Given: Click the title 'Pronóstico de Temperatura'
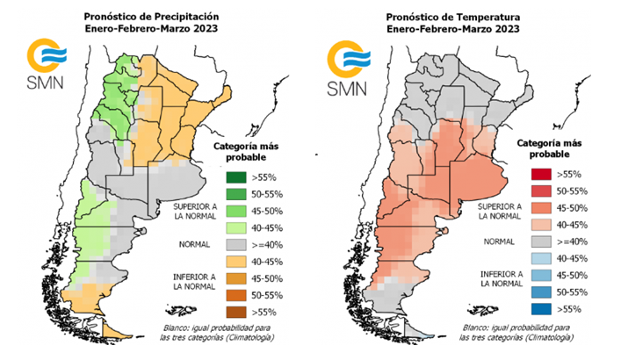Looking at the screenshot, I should click(x=466, y=16).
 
